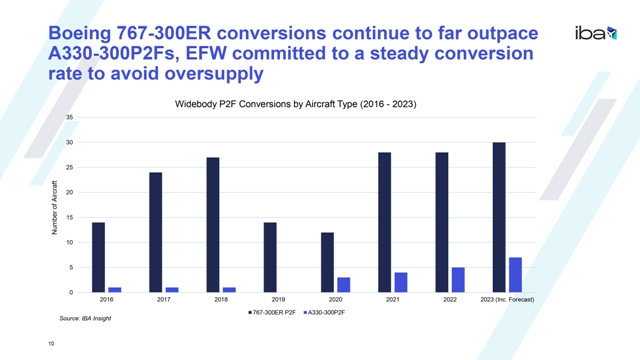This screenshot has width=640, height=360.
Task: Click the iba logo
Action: (x=596, y=33)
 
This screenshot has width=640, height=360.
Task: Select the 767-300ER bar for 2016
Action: (x=98, y=257)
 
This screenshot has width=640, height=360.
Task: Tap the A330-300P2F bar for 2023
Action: (x=516, y=275)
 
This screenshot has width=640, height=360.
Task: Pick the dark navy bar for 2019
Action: (x=270, y=257)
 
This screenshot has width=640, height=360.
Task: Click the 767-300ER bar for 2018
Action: (x=213, y=225)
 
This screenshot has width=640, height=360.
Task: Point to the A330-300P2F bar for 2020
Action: (x=344, y=285)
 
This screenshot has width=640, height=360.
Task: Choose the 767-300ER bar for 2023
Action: (x=499, y=217)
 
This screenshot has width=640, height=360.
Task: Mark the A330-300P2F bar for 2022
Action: (x=458, y=280)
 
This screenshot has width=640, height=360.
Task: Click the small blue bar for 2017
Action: (x=172, y=290)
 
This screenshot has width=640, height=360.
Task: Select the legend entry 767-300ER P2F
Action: (x=272, y=313)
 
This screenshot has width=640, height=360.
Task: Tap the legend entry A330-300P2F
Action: (x=324, y=313)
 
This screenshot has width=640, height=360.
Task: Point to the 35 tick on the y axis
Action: (x=69, y=118)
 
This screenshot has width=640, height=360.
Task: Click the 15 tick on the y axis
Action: (x=69, y=218)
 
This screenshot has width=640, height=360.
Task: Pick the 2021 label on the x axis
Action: (x=393, y=300)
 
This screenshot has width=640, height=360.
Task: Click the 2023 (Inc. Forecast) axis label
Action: (x=507, y=300)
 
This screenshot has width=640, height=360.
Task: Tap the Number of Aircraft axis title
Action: (x=54, y=207)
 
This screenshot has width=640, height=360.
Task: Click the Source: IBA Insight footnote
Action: (x=85, y=318)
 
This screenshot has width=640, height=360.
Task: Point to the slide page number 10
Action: (x=51, y=344)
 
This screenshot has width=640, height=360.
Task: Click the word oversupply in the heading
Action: (x=213, y=74)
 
